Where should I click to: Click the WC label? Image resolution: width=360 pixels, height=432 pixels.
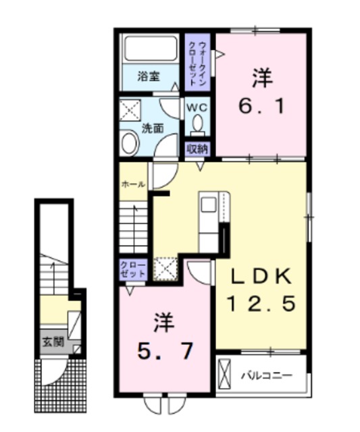197,107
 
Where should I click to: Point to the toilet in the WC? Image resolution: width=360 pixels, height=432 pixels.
197,125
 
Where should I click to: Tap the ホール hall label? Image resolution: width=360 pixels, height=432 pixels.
132,184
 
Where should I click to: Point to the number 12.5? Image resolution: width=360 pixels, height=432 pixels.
261,305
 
